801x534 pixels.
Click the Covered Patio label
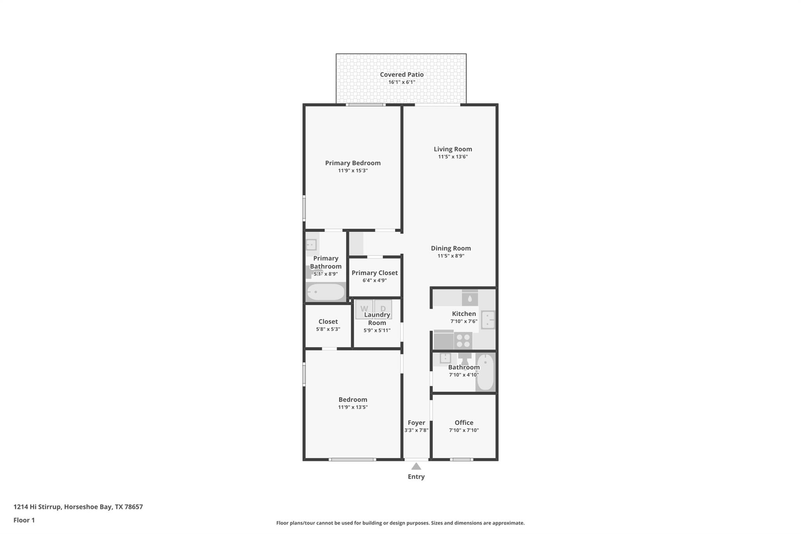(402, 74)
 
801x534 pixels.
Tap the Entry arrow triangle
(416, 466)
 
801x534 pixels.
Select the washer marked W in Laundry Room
(364, 309)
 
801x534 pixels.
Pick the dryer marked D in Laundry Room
(383, 309)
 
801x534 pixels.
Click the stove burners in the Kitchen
(463, 340)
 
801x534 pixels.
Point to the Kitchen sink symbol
(488, 320)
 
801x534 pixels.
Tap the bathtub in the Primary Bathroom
(325, 292)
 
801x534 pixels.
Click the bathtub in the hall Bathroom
(485, 372)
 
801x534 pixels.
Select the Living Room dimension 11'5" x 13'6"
(453, 157)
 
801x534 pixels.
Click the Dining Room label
(451, 248)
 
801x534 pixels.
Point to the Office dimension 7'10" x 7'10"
(464, 430)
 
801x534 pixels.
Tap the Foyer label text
(416, 423)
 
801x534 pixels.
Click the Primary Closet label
(374, 273)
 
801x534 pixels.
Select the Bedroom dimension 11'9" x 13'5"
(353, 407)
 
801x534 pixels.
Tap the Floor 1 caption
(24, 520)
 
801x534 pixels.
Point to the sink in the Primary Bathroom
(311, 245)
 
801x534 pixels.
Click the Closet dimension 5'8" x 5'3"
(328, 329)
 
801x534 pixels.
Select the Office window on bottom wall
(462, 459)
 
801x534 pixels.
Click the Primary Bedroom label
(353, 163)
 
